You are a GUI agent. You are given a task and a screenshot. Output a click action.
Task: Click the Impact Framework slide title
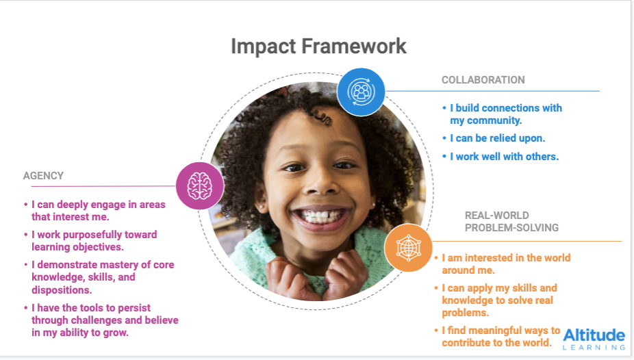point(318,47)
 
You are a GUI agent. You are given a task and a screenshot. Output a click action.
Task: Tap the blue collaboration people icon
point(361,92)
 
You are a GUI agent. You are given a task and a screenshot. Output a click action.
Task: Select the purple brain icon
point(200,186)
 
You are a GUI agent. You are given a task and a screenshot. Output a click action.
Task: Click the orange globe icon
point(408,247)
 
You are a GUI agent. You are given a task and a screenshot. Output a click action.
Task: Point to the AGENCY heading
point(43,176)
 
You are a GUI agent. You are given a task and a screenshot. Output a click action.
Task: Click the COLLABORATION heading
point(483,80)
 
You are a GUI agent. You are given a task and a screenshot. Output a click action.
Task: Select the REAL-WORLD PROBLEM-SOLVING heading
point(511,222)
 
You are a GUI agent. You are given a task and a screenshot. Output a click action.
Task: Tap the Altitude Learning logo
point(594,339)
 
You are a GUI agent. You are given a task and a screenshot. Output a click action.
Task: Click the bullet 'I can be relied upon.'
point(494,138)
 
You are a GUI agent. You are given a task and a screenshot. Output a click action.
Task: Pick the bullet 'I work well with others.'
point(500,156)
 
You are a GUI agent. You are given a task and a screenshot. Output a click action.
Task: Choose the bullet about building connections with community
point(502,114)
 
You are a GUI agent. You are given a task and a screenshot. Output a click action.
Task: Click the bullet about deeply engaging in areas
point(94,211)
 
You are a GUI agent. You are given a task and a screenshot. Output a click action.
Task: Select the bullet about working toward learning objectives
point(90,240)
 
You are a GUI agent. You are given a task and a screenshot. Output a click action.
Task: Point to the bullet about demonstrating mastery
point(99,277)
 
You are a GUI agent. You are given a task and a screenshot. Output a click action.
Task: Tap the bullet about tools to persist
point(101,320)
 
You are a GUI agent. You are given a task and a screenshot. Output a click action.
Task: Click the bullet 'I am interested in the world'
point(503,263)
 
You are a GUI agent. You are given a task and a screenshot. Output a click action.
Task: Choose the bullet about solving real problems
point(496,300)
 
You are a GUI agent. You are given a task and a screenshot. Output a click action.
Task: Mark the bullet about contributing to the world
point(497,337)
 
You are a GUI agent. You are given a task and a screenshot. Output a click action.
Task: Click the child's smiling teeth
point(321,216)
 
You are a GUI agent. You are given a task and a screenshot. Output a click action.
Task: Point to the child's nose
point(320,182)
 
